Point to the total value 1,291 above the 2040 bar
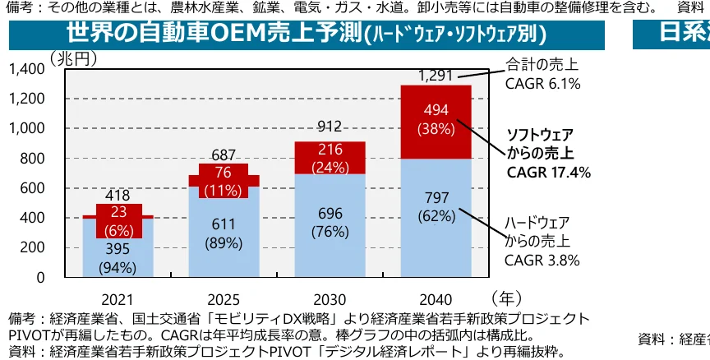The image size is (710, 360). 436,76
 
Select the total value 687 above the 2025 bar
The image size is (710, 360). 224,155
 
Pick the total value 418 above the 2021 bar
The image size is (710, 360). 118,196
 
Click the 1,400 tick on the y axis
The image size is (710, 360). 29,69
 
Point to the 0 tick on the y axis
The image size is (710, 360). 41,277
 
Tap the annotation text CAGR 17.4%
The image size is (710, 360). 548,173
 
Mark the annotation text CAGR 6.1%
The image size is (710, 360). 542,83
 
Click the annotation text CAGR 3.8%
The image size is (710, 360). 542,261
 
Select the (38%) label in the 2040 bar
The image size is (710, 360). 436,129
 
